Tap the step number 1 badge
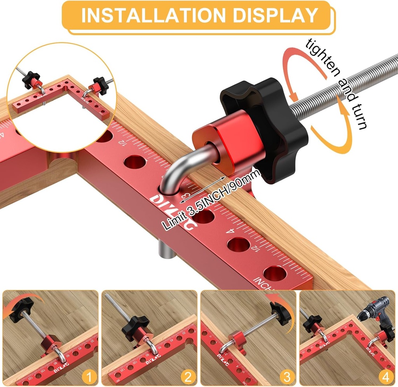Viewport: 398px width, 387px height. [x=90, y=377]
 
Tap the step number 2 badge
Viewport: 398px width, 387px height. [x=189, y=377]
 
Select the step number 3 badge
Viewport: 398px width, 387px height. [x=287, y=377]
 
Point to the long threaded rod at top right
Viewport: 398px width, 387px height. [x=342, y=89]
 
